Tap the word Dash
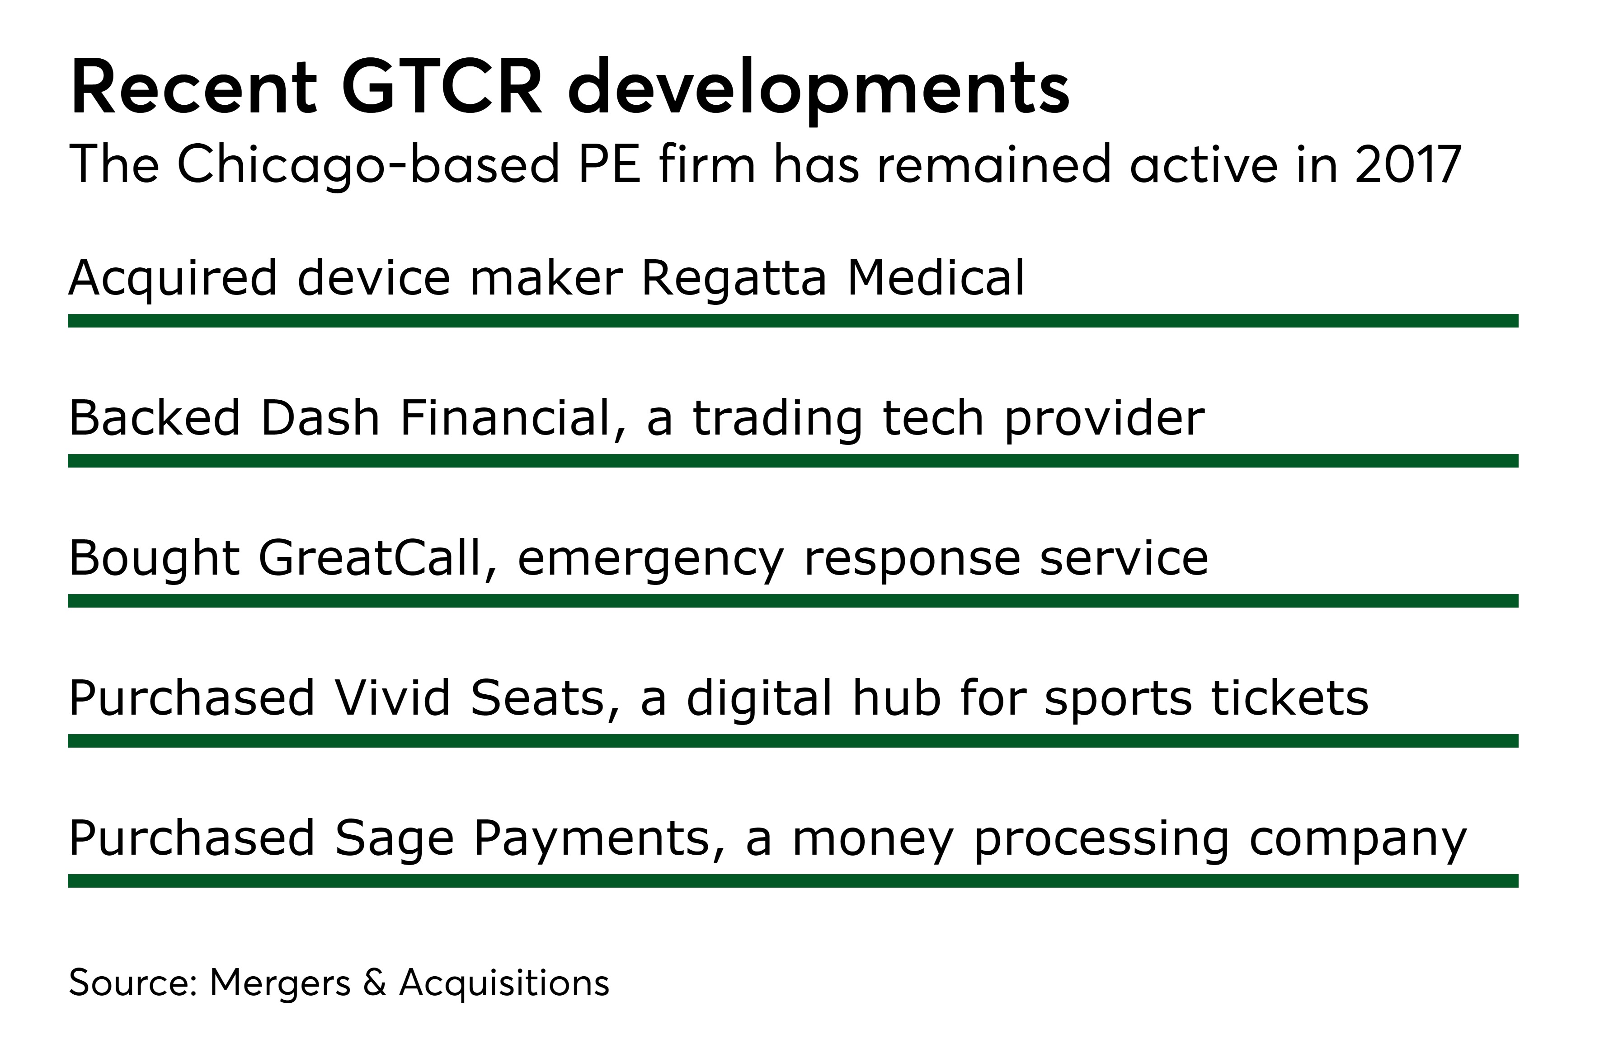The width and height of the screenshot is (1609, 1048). click(320, 417)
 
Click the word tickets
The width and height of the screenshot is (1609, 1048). click(1289, 697)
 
